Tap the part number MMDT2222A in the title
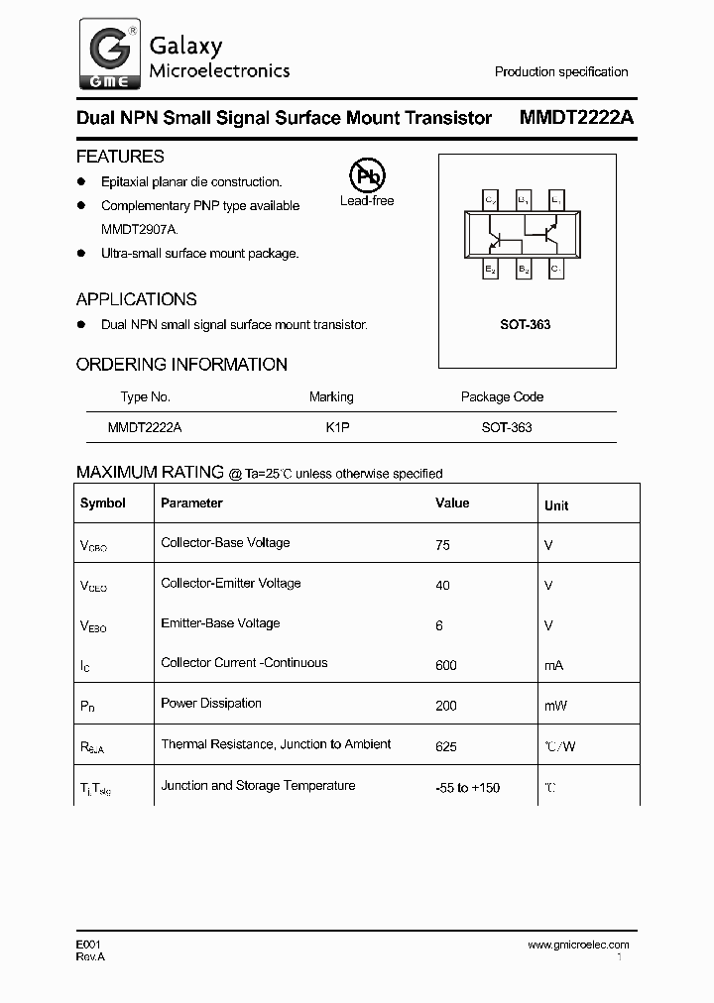576,118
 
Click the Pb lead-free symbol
367,176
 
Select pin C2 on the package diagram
491,201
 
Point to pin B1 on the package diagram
523,201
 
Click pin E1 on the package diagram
555,201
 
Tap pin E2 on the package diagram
491,269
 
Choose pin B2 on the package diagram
523,269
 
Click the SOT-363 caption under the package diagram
527,325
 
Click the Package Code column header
502,396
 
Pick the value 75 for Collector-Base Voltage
442,544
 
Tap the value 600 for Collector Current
446,665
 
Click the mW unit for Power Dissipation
554,706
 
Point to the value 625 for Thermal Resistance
446,745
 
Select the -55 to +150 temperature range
467,787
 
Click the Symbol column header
103,502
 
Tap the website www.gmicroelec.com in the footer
578,945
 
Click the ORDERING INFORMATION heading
181,364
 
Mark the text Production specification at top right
561,71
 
